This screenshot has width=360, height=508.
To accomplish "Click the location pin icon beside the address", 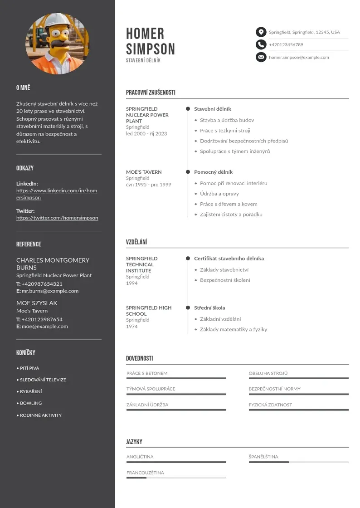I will pos(261,32).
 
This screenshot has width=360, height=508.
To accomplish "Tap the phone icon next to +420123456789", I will pos(261,44).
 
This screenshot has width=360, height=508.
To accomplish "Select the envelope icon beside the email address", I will pos(261,57).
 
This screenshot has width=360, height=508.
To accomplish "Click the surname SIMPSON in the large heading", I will pos(150,49).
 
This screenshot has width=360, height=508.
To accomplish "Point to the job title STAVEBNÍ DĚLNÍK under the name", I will pos(143,60).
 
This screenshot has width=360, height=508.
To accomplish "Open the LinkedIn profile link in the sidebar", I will pos(57,194).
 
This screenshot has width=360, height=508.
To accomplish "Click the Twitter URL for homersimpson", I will pos(57,218).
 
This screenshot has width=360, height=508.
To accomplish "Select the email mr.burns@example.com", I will pos(50,291).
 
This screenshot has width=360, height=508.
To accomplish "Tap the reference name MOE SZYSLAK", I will pos(37,303).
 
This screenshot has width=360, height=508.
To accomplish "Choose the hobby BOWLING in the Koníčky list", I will pos(31,403).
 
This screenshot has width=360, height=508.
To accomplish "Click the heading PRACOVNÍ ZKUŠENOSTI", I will pos(151,93).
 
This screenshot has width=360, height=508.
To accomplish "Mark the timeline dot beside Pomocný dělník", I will pos(188,172).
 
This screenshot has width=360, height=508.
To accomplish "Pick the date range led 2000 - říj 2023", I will pos(146,134).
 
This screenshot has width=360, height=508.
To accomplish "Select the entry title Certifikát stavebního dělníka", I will pos(229,259).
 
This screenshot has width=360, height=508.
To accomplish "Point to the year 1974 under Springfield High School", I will pos(132,327).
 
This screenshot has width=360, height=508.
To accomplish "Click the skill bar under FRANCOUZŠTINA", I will pos(176,478).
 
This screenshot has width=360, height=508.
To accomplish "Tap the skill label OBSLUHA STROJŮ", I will pos(268,373).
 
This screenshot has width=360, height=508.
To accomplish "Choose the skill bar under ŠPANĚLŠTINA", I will pos(298,462).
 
